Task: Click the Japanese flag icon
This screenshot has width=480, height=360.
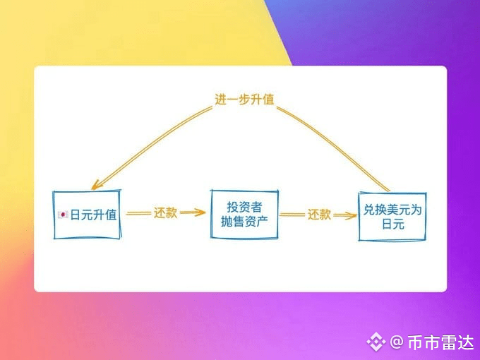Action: point(63,215)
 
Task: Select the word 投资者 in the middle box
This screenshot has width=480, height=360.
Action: point(244,207)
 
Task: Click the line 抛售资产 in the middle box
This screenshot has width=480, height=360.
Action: point(244,221)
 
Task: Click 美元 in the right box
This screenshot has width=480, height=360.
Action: point(400,209)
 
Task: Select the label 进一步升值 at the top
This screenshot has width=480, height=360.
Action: point(244,100)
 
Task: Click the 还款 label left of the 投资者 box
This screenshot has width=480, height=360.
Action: point(165,212)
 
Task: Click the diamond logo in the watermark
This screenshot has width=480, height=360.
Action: point(375,342)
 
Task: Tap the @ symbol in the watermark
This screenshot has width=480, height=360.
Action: point(396,342)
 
